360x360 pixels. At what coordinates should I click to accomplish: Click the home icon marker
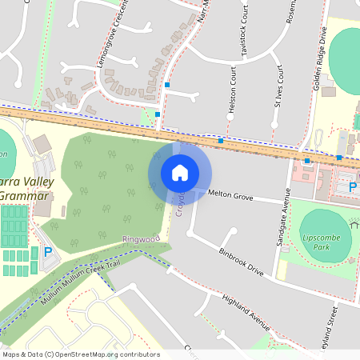pos(180,172)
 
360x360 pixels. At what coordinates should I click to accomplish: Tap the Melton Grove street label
pos(230,194)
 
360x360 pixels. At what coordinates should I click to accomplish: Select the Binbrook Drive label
pos(241,262)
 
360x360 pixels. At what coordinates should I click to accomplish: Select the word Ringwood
pos(142,238)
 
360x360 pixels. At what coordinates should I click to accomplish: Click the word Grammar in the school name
pos(26,196)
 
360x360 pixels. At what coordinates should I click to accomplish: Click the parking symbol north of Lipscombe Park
pos(353,187)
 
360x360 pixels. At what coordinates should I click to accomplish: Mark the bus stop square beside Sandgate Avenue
pos(307,161)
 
